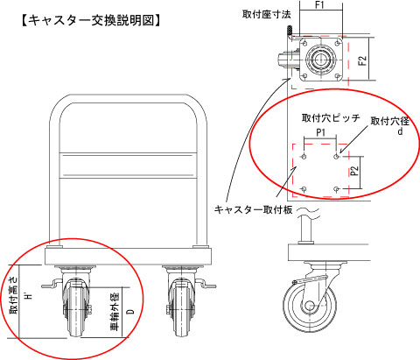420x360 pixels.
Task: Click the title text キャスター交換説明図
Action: coord(91,21)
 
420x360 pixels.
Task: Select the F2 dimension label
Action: coord(362,60)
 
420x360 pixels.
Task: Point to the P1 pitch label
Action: coord(320,133)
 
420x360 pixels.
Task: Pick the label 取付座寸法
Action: coord(266,14)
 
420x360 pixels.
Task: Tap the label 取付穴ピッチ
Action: coord(331,118)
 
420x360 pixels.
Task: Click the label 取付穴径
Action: coord(390,121)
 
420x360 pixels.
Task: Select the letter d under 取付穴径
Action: coord(400,131)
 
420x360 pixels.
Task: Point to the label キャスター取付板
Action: coord(253,209)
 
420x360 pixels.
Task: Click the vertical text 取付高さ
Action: coord(13,295)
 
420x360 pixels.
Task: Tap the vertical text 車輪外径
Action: coord(115,311)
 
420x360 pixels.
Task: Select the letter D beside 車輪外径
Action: coord(131,311)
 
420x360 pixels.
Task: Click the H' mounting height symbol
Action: coord(28,296)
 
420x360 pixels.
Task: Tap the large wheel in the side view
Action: coord(310,307)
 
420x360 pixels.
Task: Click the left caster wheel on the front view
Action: coord(75,309)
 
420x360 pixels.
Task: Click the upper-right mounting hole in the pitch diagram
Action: coord(337,157)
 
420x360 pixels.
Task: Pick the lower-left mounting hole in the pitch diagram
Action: coord(304,189)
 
